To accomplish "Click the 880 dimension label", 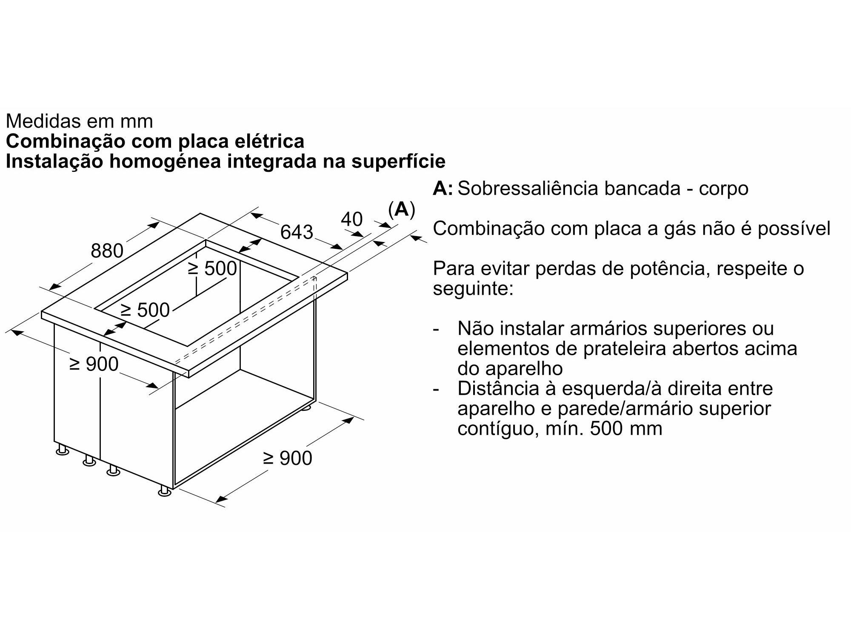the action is tap(107, 251).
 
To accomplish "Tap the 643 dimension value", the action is tap(297, 232).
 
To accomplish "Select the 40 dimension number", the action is tap(352, 219).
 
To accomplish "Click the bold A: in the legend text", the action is tap(443, 188).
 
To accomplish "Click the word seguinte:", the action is tap(474, 290).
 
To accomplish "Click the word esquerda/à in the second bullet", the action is tap(615, 389).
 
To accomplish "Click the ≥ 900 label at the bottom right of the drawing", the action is tap(288, 458).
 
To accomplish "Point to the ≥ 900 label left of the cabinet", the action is tap(94, 364).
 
